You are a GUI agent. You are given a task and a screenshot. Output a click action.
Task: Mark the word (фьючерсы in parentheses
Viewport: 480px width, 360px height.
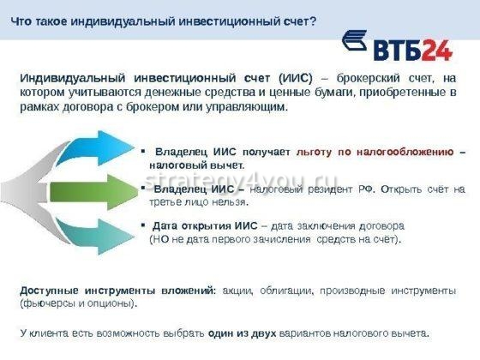[x=45, y=303]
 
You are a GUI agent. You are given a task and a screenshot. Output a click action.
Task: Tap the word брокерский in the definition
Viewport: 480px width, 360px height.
[x=369, y=77]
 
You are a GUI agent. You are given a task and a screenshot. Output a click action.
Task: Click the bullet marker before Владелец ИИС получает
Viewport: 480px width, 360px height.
[x=143, y=151]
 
